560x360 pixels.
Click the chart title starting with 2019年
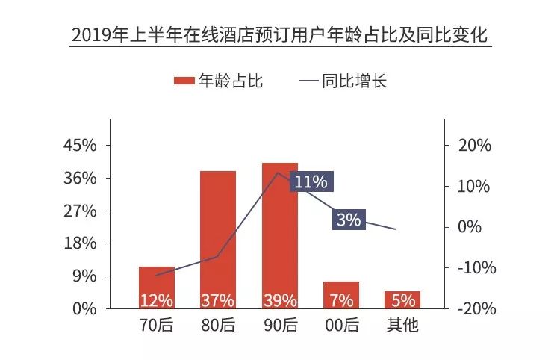coord(280,35)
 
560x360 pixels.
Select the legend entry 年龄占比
coord(219,81)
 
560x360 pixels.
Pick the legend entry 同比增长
coord(343,81)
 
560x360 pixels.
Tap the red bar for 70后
coord(156,287)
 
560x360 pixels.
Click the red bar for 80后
coord(218,239)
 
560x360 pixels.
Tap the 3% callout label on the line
coord(349,220)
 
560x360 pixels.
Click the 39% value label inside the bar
coord(279,300)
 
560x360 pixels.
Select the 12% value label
coord(156,300)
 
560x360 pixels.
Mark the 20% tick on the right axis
coord(473,146)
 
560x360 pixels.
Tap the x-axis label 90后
coord(279,326)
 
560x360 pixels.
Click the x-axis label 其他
coord(403,326)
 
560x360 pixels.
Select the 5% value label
coord(403,300)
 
